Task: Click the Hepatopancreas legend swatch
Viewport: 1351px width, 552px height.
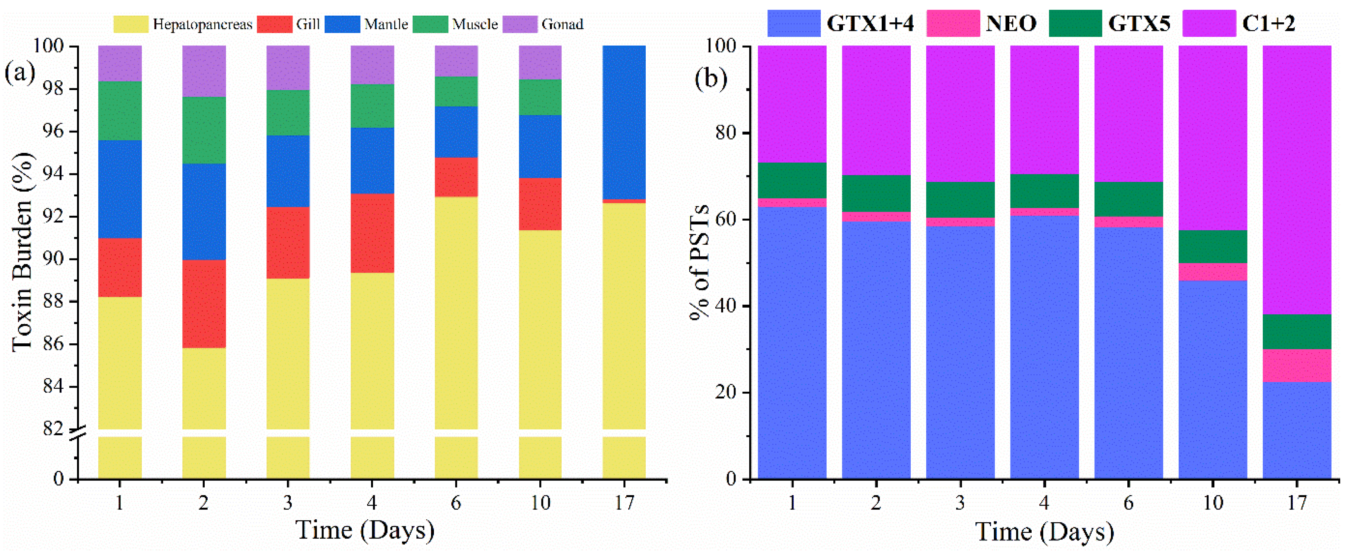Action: tap(131, 24)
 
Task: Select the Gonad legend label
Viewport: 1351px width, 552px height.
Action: tap(562, 24)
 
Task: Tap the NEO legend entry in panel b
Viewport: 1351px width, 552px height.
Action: tap(1010, 23)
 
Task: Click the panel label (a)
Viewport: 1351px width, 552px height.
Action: tap(20, 72)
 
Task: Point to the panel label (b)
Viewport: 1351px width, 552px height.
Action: tap(710, 78)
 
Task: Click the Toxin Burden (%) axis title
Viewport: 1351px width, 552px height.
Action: tap(22, 251)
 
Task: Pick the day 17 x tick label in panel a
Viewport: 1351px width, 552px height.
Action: tap(624, 503)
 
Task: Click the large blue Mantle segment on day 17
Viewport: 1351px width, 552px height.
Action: tap(624, 122)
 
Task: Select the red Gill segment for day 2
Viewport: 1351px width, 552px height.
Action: tap(204, 304)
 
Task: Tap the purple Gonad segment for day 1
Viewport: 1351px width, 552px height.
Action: tap(120, 63)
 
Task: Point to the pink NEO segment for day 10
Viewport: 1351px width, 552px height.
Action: tap(1213, 272)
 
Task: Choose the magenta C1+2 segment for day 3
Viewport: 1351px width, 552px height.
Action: tap(960, 113)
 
